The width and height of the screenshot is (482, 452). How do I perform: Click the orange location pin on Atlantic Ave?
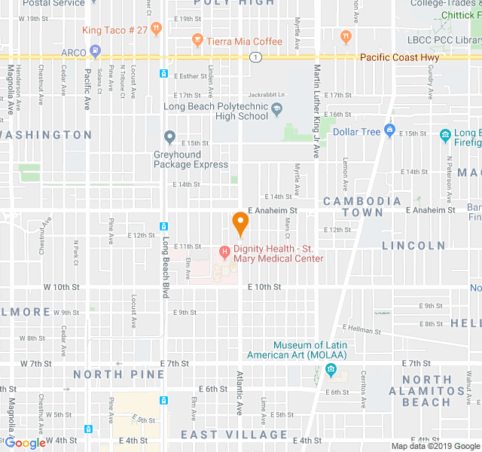(x=240, y=223)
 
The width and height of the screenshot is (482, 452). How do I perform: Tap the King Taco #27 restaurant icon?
(x=156, y=30)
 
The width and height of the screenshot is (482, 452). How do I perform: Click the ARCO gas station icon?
(x=95, y=52)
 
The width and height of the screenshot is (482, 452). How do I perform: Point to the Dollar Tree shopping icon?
(x=389, y=132)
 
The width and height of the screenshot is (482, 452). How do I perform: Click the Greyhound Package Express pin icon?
(x=170, y=138)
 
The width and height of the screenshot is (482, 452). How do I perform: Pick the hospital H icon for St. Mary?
(x=224, y=251)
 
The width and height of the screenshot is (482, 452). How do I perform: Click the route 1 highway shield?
(x=257, y=57)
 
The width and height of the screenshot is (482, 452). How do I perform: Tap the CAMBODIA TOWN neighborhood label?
(x=362, y=206)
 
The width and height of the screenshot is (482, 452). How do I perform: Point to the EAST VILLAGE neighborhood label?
(x=234, y=435)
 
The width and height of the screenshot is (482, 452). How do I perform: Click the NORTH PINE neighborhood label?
(x=118, y=374)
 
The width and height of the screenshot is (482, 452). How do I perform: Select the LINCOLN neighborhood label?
(x=413, y=246)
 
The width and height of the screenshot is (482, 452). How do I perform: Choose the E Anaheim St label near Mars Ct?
(x=273, y=211)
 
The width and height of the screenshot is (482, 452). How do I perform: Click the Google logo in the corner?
(x=24, y=443)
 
